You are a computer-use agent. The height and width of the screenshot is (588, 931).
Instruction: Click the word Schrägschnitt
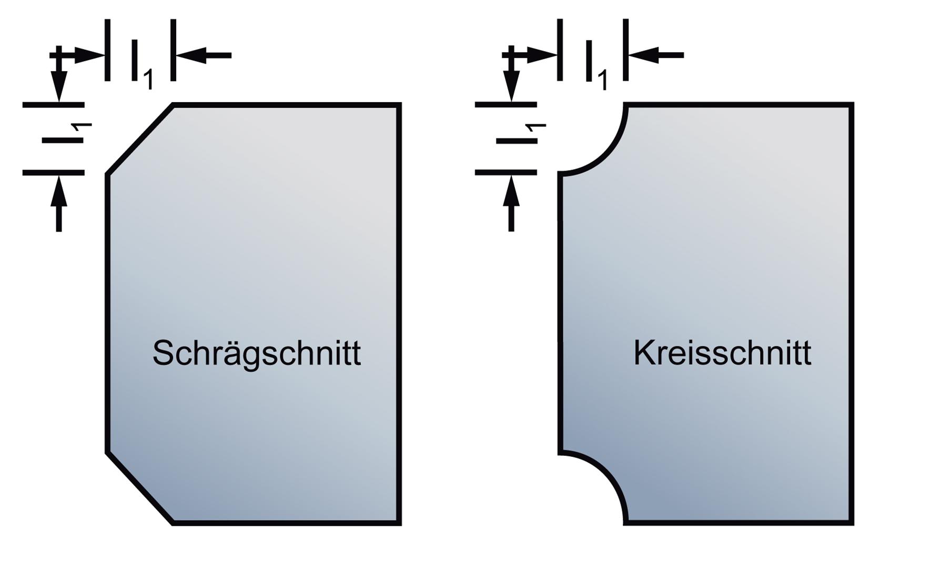[256, 353]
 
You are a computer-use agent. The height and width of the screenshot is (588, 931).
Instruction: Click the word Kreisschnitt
[722, 353]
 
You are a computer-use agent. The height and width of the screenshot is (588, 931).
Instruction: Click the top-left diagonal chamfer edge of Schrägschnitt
[140, 139]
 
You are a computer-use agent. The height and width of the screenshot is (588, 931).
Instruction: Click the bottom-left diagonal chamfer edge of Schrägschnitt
[140, 487]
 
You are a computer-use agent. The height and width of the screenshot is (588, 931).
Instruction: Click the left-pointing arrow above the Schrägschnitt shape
[203, 55]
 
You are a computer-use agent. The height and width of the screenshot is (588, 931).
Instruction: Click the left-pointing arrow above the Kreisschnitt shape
[655, 55]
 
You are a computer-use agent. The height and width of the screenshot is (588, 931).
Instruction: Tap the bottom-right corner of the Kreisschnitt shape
[852, 523]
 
